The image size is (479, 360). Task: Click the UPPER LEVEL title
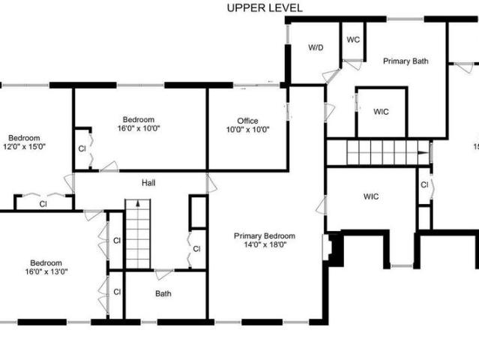(265, 8)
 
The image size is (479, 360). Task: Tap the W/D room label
(316, 48)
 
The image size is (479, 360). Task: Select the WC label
(353, 40)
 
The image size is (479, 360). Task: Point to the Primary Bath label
(406, 61)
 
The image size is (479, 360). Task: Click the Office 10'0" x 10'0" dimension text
(248, 130)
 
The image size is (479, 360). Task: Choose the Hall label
(148, 183)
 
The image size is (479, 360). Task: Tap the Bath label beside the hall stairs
(163, 294)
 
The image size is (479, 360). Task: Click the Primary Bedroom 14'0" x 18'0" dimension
(265, 244)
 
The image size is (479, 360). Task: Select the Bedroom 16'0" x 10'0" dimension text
(139, 128)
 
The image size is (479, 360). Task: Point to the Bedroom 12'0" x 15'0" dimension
(24, 146)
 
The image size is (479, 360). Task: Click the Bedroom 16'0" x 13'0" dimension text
(46, 271)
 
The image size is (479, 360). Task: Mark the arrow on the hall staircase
(138, 203)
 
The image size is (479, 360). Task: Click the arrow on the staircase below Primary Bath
(424, 152)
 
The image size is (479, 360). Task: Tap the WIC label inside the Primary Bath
(381, 112)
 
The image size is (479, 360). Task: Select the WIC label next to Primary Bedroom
(371, 196)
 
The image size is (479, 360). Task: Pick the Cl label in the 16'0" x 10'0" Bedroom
(82, 148)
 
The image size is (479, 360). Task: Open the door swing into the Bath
(163, 274)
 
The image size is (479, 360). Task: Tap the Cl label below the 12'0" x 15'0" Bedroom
(43, 204)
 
